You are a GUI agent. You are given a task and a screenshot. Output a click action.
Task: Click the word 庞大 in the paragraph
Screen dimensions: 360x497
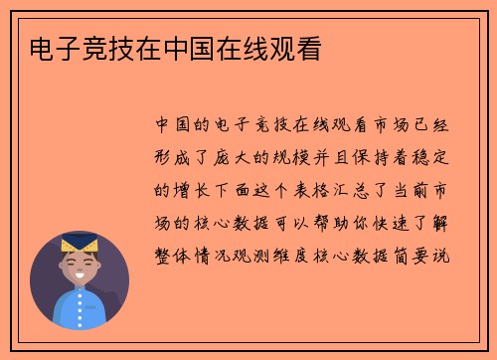238,157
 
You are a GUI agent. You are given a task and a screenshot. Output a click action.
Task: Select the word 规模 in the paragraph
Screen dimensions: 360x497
302,157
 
